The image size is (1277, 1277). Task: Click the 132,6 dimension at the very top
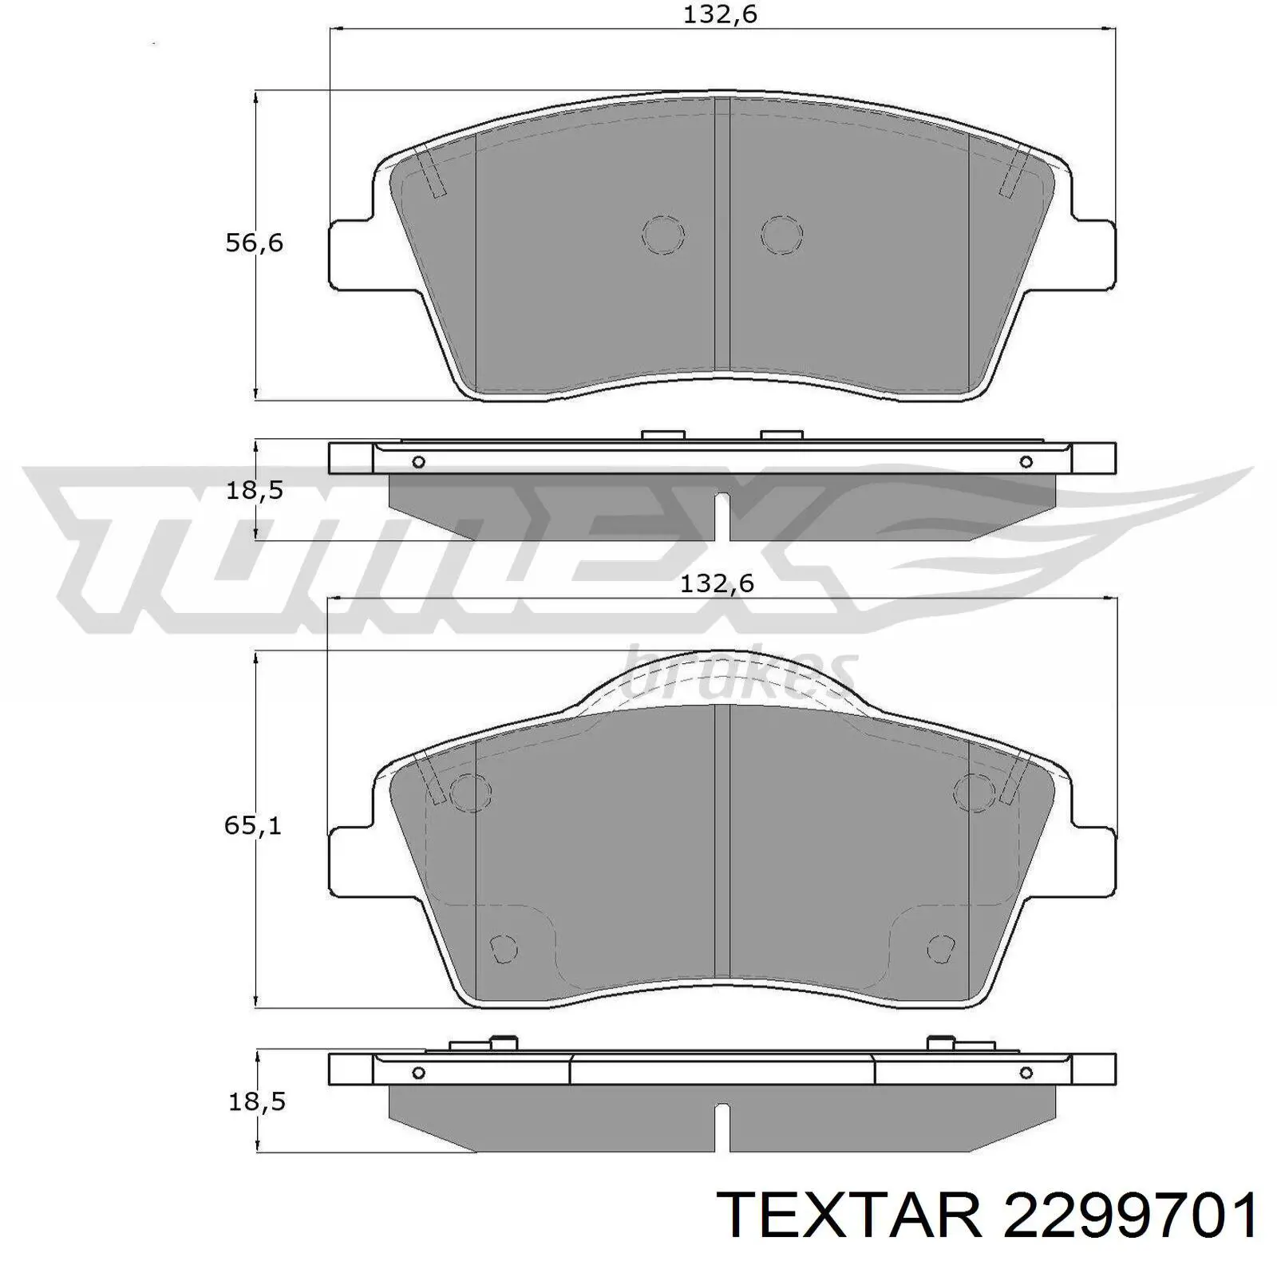(719, 16)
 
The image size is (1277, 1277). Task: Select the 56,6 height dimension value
(254, 243)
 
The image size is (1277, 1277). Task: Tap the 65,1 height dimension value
(253, 825)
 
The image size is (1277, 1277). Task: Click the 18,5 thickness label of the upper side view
(254, 490)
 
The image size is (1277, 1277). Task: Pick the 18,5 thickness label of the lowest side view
(257, 1101)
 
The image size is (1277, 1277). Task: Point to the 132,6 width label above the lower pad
(717, 584)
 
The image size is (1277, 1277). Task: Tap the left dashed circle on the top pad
(663, 235)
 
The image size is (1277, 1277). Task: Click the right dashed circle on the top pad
(781, 235)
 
